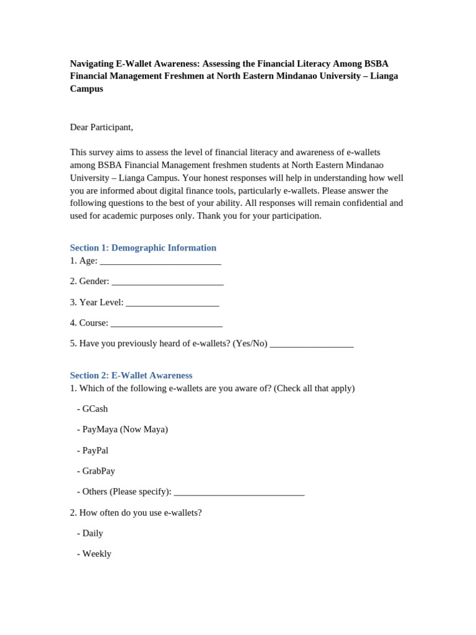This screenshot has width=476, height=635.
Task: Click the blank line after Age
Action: click(x=160, y=262)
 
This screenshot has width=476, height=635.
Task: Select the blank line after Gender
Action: click(x=167, y=282)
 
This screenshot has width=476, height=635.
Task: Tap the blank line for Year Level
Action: click(x=172, y=303)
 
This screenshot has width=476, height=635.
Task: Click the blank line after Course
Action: click(x=166, y=324)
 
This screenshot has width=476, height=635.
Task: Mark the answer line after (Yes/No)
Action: click(x=312, y=344)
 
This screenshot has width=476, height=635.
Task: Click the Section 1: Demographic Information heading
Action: click(x=143, y=247)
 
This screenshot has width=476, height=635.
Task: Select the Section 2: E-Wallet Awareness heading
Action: click(x=131, y=375)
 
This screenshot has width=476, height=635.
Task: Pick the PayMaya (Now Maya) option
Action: click(x=125, y=429)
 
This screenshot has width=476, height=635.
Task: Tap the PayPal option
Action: click(x=95, y=450)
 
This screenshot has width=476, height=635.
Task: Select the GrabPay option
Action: click(x=99, y=471)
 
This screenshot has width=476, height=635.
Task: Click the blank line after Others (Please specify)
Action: click(x=239, y=492)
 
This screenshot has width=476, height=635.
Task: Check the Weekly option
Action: click(x=97, y=554)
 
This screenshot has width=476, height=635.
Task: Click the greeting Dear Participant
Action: click(x=102, y=127)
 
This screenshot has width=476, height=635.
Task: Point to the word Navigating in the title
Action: click(x=90, y=63)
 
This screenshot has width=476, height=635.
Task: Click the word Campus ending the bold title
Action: click(x=87, y=89)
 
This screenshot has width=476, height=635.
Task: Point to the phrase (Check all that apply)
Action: click(x=314, y=388)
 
